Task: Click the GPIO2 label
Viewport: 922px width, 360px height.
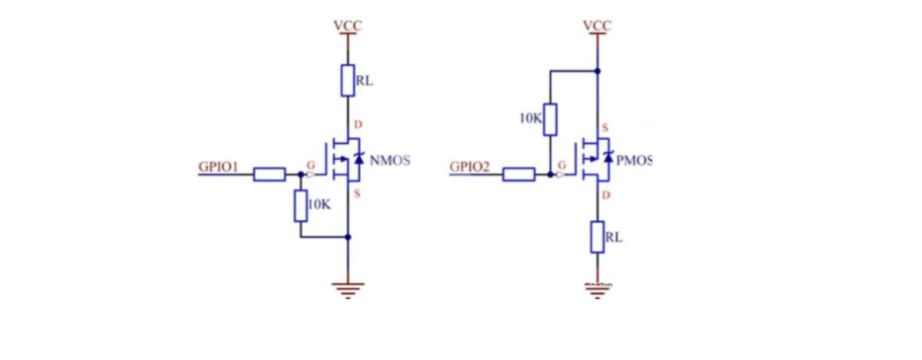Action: coord(470,167)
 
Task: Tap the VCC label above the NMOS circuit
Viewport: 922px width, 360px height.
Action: coord(347,25)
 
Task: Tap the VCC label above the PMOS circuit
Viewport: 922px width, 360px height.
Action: coord(597,25)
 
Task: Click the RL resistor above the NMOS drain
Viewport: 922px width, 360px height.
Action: coord(347,80)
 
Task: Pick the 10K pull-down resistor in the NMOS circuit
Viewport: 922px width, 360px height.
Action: coord(301,205)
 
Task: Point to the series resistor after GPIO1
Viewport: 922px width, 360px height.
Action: coord(269,174)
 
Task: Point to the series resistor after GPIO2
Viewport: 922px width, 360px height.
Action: coord(518,174)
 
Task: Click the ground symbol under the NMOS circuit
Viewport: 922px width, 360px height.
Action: coord(347,290)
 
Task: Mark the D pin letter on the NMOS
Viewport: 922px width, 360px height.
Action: coord(358,125)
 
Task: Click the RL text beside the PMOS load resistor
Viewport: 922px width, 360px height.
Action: coord(613,236)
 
